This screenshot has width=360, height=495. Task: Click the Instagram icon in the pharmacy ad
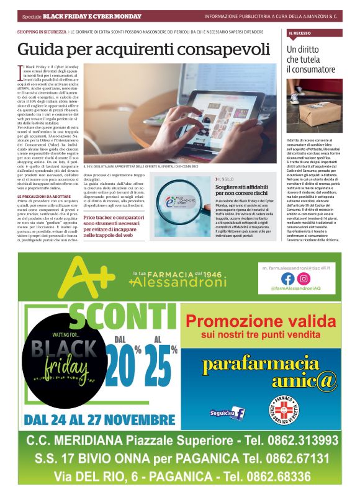[303, 279]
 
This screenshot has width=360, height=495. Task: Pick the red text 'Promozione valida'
[260, 321]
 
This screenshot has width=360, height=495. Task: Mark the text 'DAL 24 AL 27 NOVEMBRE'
[99, 420]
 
